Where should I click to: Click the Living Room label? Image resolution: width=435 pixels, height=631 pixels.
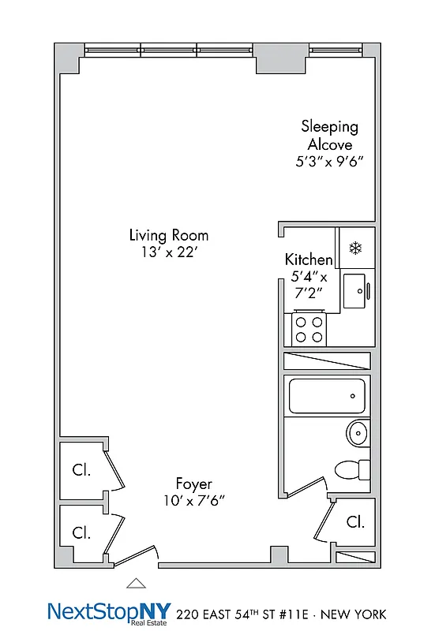(169, 235)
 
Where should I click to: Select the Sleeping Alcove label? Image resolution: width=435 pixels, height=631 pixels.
(329, 135)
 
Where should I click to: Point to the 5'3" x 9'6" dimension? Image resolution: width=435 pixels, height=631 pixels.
(329, 163)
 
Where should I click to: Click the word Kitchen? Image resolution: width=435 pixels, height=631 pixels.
(309, 259)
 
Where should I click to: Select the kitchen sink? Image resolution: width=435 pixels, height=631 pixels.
(355, 291)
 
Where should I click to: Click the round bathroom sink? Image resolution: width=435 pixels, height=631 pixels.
(358, 433)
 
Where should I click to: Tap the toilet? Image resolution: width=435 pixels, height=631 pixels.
(351, 469)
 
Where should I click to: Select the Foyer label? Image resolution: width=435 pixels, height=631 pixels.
(193, 484)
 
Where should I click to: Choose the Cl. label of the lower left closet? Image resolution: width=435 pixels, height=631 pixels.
(81, 532)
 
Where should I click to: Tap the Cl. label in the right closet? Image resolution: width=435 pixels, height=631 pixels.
(355, 521)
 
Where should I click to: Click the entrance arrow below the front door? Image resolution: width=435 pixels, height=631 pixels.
(137, 584)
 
